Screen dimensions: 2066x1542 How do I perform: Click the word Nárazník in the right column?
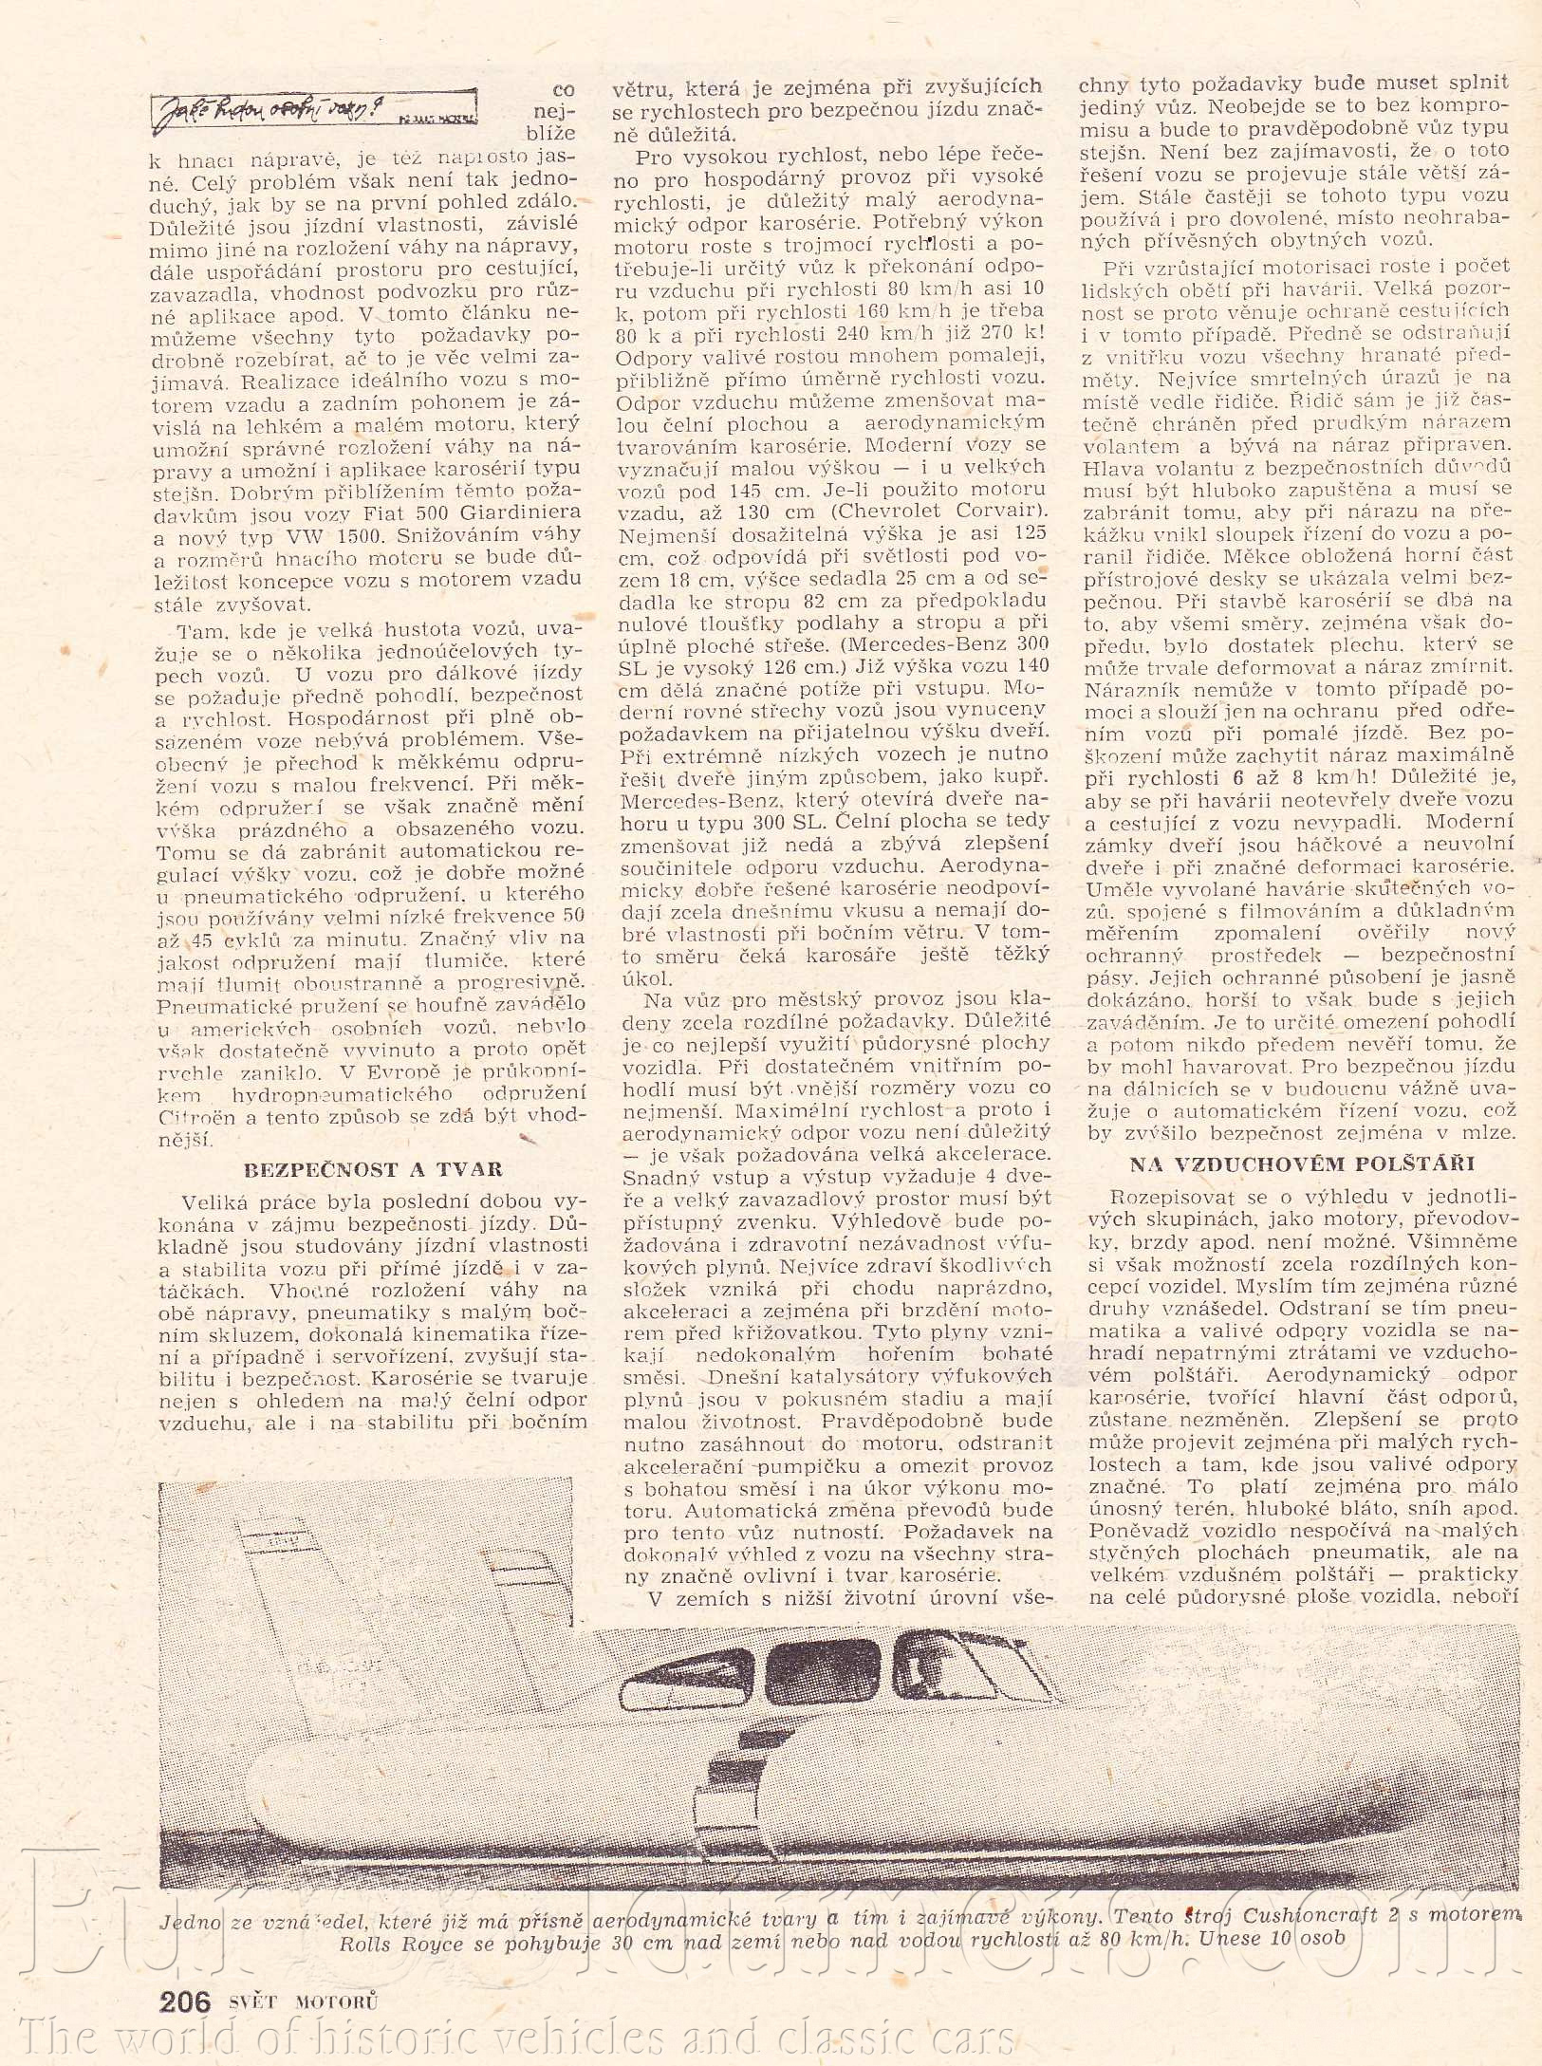tap(1132, 686)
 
